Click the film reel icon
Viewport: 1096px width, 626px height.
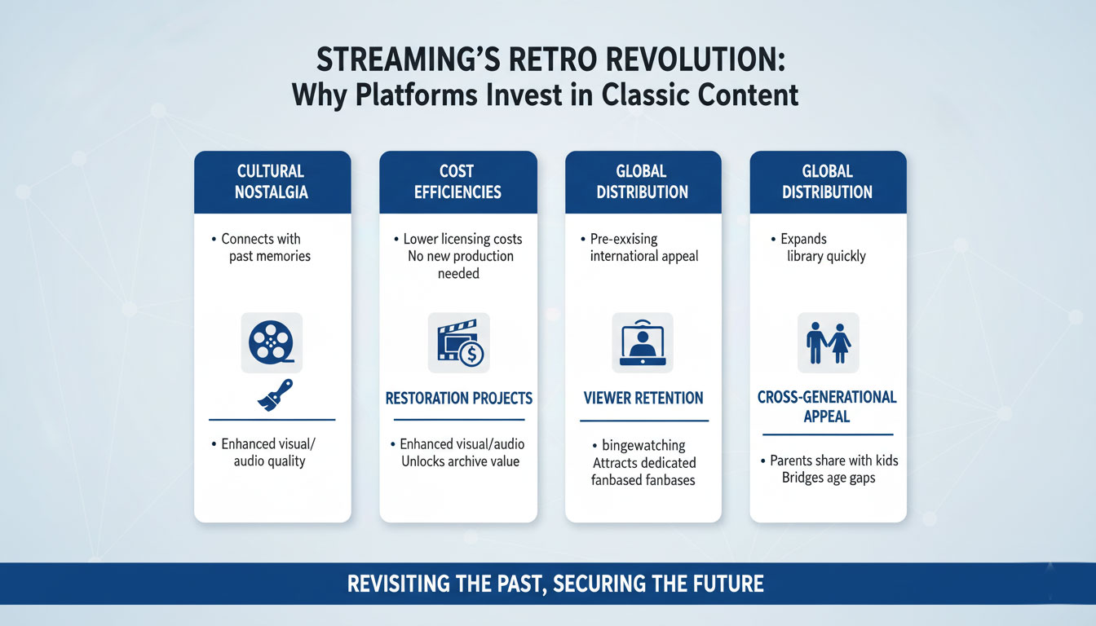[272, 342]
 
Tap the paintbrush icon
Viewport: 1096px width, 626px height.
[275, 395]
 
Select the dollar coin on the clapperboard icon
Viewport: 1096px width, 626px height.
[471, 354]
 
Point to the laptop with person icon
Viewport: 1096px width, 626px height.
[643, 342]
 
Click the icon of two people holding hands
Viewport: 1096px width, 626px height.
[829, 342]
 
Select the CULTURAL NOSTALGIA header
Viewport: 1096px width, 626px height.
[272, 182]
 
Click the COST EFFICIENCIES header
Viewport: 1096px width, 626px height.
[457, 182]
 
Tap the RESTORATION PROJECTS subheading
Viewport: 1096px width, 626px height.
[458, 399]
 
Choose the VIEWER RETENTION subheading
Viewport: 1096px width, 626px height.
[643, 399]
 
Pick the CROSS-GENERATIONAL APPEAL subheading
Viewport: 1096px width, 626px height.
[828, 406]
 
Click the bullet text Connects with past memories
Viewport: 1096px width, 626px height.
[266, 248]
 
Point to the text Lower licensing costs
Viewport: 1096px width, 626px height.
[462, 239]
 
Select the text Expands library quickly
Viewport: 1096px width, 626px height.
[820, 248]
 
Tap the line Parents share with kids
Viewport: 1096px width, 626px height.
[834, 461]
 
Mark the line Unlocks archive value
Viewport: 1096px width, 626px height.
[460, 461]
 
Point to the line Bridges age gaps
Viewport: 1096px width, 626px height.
[828, 478]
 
